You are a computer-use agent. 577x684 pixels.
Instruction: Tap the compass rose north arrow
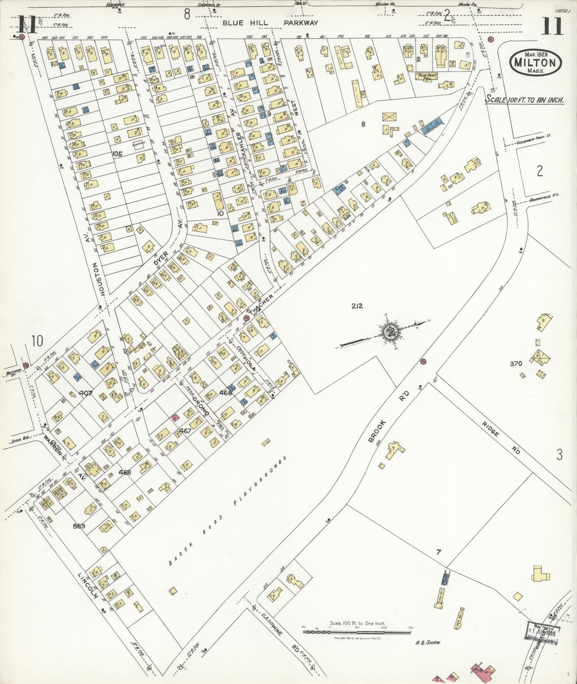pos(389,331)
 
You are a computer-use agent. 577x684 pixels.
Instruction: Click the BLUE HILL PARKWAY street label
pos(270,23)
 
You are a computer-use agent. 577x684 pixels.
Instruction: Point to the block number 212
pos(357,306)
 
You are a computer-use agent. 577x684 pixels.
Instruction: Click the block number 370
pos(516,364)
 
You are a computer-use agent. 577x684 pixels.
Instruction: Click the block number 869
pos(79,526)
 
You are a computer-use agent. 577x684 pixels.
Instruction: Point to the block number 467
pos(185,431)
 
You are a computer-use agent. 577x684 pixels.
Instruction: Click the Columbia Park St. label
pos(533,136)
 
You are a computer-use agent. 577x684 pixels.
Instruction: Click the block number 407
pos(85,393)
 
